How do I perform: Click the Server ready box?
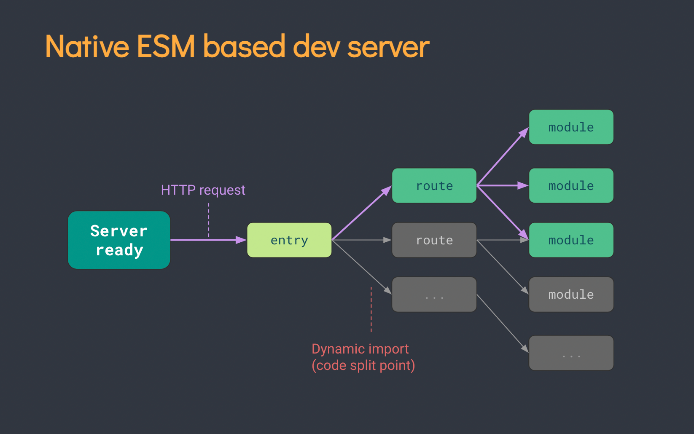click(x=119, y=240)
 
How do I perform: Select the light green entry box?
click(x=289, y=240)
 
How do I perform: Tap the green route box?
click(x=434, y=186)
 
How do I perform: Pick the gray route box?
click(x=434, y=240)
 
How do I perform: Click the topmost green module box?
click(x=571, y=127)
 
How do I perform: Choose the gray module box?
click(x=571, y=295)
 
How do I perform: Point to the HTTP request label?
click(x=203, y=190)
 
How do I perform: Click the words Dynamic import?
click(x=360, y=349)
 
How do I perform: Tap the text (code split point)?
click(x=363, y=365)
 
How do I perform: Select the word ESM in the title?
click(x=166, y=46)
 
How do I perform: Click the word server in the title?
click(x=388, y=47)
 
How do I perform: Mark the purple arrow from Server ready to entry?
click(x=207, y=240)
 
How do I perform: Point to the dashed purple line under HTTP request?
click(x=209, y=219)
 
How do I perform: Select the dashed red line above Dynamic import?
click(x=371, y=310)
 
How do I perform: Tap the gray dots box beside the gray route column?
click(x=434, y=295)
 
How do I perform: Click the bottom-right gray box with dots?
click(x=571, y=353)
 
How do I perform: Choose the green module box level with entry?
click(x=571, y=240)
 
